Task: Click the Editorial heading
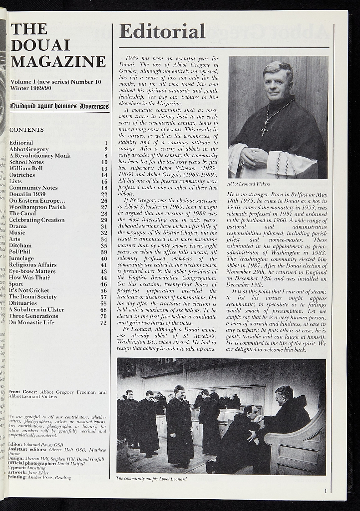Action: coord(162,31)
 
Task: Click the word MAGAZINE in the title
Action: coord(58,62)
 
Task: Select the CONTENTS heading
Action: coord(26,130)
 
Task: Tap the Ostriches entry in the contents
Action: coord(22,175)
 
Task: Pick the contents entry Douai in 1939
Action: coord(27,194)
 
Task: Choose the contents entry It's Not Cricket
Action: coord(29,290)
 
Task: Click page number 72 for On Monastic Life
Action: coord(104,322)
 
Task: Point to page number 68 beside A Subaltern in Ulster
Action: coord(104,310)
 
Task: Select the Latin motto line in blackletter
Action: coord(59,106)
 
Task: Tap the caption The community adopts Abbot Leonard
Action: coord(151,478)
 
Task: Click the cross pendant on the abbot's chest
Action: coord(264,131)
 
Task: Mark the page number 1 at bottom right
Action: coord(326,491)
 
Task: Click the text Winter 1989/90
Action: coord(30,88)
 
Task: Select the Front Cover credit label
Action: coord(24,392)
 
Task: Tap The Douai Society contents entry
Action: coord(33,297)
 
